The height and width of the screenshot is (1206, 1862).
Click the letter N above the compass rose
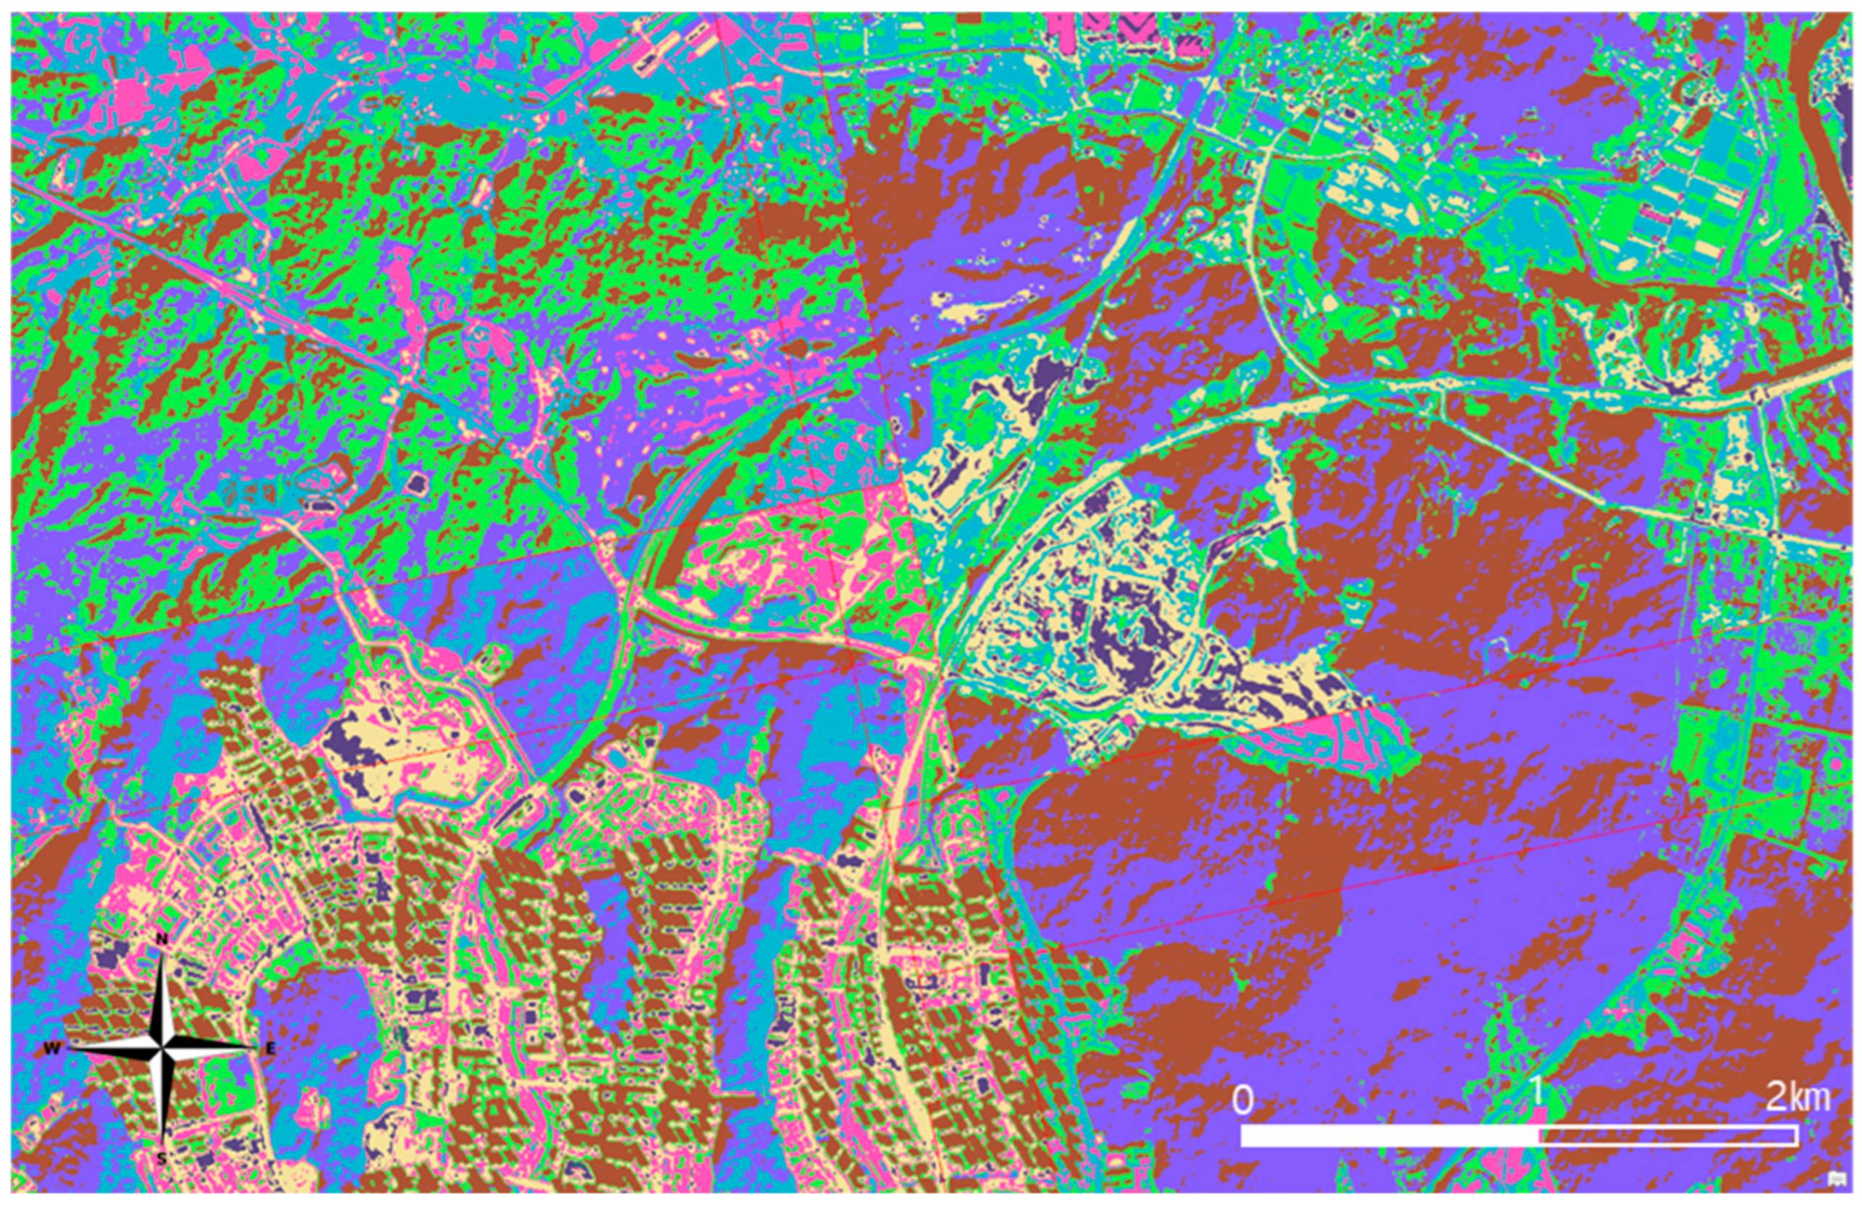click(162, 938)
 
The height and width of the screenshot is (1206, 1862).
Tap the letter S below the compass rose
click(161, 1158)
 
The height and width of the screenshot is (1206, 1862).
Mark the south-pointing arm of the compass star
click(162, 1103)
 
